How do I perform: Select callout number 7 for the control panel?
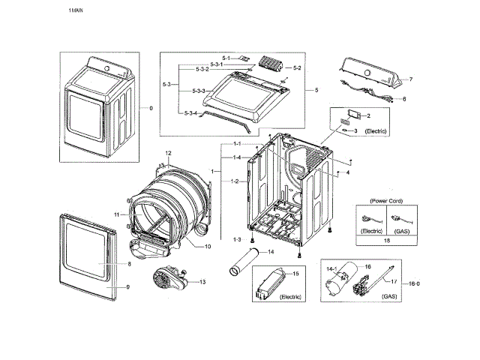(x=410, y=79)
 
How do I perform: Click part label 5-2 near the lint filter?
(x=297, y=68)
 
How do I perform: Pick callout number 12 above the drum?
(x=169, y=153)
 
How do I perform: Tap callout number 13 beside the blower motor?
(x=202, y=281)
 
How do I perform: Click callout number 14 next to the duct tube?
(x=271, y=252)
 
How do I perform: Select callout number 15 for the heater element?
(x=295, y=274)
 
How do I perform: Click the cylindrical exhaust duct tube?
(x=241, y=263)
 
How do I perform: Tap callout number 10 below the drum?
(x=208, y=247)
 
